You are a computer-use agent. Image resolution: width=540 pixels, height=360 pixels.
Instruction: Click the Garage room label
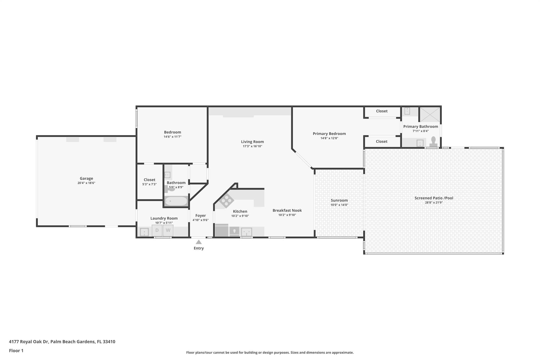coord(86,179)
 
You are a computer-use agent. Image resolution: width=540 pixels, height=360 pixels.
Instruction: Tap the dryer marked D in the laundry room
coord(157,231)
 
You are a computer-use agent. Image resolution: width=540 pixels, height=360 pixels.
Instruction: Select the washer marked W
coord(168,231)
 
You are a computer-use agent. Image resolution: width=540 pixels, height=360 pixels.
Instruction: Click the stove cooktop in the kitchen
coord(226,201)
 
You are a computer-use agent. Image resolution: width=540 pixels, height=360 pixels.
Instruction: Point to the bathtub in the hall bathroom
coord(176,201)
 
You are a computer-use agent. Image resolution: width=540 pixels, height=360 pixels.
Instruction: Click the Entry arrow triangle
coord(199,242)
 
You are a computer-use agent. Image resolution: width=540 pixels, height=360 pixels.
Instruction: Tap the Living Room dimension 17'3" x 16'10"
coord(252,146)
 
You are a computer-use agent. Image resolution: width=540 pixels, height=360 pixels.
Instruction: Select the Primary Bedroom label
coord(329,134)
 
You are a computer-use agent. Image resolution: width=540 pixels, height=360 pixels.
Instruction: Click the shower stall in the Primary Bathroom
coord(430,114)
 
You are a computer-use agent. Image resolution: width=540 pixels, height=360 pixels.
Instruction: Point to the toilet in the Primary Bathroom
coord(433,142)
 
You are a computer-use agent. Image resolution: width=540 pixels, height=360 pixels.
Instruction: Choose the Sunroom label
coord(339,200)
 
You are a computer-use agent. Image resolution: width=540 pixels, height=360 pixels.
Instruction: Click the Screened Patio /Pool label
coord(434,198)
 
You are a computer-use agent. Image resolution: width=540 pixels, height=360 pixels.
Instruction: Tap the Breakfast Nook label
coord(287,210)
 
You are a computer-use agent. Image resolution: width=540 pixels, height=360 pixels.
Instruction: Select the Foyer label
coord(201,215)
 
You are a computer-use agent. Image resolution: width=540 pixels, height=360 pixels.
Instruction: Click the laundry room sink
coord(144,232)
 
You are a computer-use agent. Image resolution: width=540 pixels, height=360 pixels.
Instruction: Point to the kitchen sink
coord(247,232)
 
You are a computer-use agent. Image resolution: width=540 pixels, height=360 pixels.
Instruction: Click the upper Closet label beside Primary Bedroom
coord(382,111)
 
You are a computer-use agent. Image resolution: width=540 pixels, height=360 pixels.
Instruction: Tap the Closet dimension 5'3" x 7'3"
coord(150,184)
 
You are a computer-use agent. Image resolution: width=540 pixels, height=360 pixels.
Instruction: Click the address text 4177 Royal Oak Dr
coord(29,342)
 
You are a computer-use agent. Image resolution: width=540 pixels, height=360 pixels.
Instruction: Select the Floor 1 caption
coord(16,351)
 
